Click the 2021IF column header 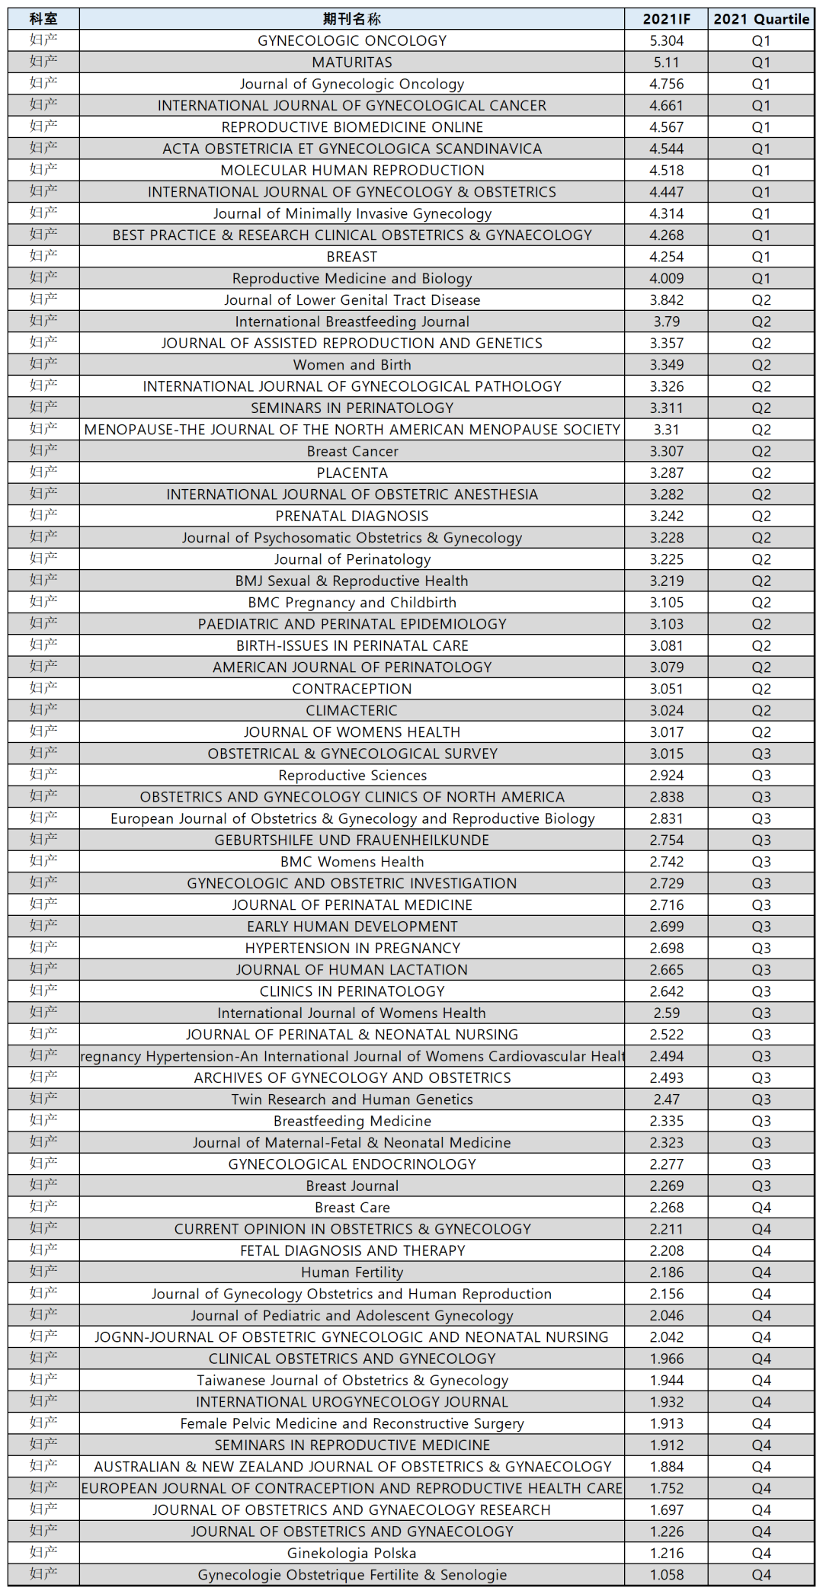pyautogui.click(x=666, y=19)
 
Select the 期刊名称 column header pyautogui.click(x=351, y=19)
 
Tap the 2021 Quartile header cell pyautogui.click(x=761, y=19)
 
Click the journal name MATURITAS pyautogui.click(x=352, y=62)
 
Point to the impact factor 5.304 pyautogui.click(x=666, y=41)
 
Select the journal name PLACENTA pyautogui.click(x=352, y=473)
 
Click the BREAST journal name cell pyautogui.click(x=352, y=257)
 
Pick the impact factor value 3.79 pyautogui.click(x=666, y=322)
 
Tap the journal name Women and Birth pyautogui.click(x=352, y=365)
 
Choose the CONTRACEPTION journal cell pyautogui.click(x=352, y=689)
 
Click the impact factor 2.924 pyautogui.click(x=666, y=776)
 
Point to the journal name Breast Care pyautogui.click(x=352, y=1208)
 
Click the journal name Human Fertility pyautogui.click(x=352, y=1272)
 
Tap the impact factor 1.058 pyautogui.click(x=666, y=1575)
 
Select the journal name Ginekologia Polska pyautogui.click(x=352, y=1554)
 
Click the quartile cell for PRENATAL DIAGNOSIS pyautogui.click(x=761, y=516)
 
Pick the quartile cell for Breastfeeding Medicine pyautogui.click(x=761, y=1121)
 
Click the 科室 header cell pyautogui.click(x=43, y=19)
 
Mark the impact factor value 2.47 pyautogui.click(x=666, y=1099)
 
